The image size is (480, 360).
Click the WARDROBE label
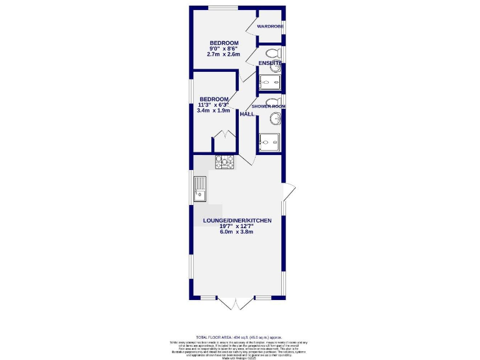coord(270,26)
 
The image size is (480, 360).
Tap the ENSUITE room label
coord(270,63)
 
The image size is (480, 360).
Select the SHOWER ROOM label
coord(269,106)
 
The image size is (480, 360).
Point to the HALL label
coord(247,114)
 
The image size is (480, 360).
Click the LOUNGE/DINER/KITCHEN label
coord(236,221)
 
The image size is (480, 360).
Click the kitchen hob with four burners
coord(224,162)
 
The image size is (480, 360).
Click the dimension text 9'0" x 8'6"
coord(224,48)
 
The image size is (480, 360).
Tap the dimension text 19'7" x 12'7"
coord(236,227)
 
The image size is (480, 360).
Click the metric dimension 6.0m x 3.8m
coord(236,232)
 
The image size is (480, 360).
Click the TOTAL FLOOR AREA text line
coord(239,337)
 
